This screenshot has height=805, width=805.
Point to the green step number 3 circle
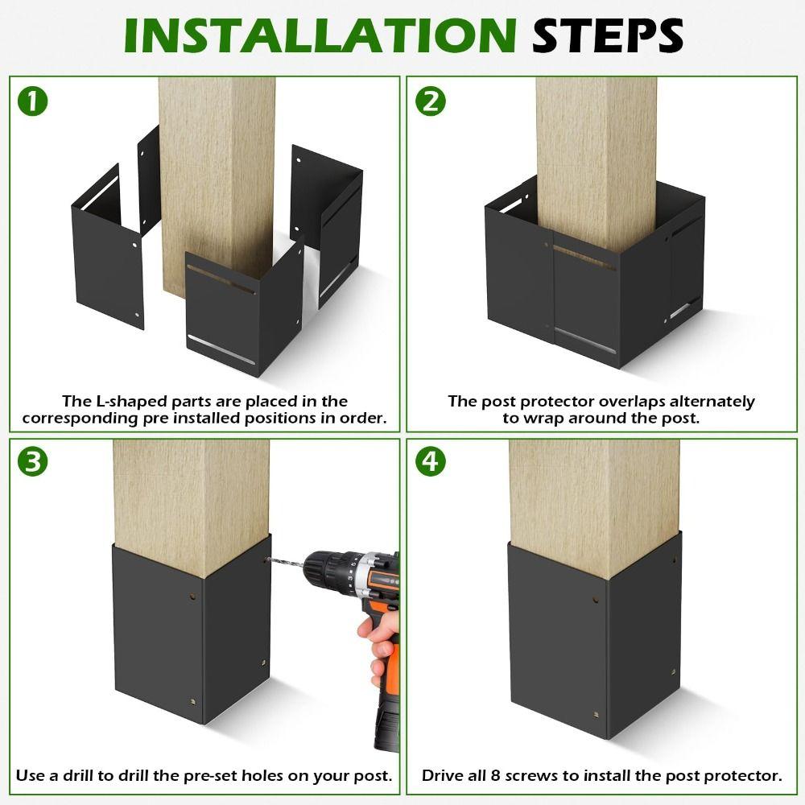click(33, 462)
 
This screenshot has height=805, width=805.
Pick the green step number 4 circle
click(431, 462)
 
